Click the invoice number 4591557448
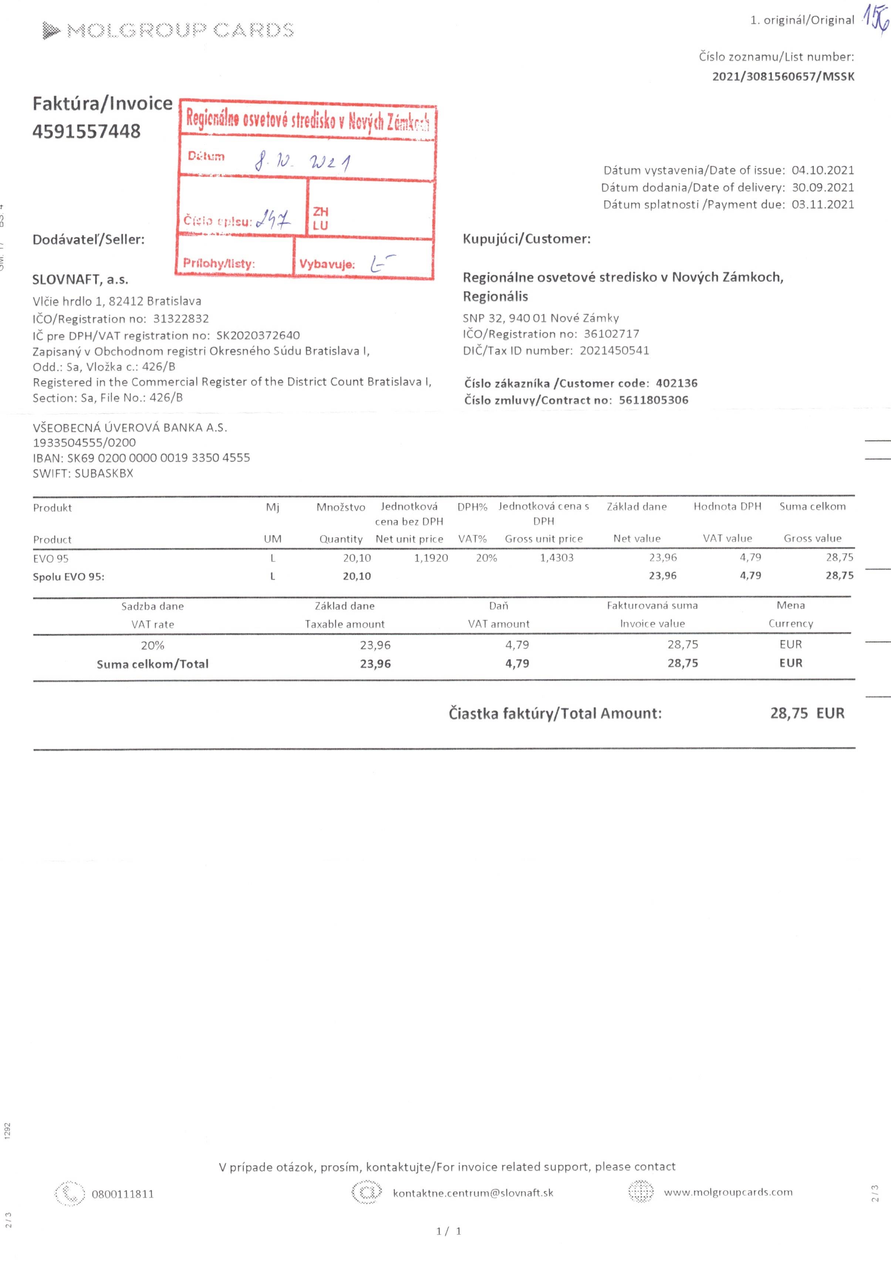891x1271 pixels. pyautogui.click(x=87, y=132)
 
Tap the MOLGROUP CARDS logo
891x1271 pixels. pyautogui.click(x=168, y=30)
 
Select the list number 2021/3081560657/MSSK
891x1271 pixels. pyautogui.click(x=783, y=77)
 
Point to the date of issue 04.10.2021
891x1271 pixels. pyautogui.click(x=822, y=170)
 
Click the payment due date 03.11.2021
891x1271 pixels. pyautogui.click(x=822, y=204)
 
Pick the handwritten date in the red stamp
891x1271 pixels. pyautogui.click(x=302, y=162)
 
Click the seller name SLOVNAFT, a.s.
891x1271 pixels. pyautogui.click(x=80, y=280)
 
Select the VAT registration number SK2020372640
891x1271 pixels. pyautogui.click(x=258, y=335)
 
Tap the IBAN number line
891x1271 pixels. pyautogui.click(x=141, y=458)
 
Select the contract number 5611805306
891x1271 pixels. pyautogui.click(x=654, y=400)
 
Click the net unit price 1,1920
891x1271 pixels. pyautogui.click(x=431, y=558)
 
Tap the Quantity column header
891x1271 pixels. pyautogui.click(x=341, y=539)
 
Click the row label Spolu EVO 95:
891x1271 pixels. pyautogui.click(x=69, y=577)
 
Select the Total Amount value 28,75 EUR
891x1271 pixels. pyautogui.click(x=807, y=713)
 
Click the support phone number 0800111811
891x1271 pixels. pyautogui.click(x=123, y=1194)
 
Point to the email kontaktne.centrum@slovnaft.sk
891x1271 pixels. pyautogui.click(x=473, y=1193)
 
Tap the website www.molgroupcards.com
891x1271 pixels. pyautogui.click(x=728, y=1192)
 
